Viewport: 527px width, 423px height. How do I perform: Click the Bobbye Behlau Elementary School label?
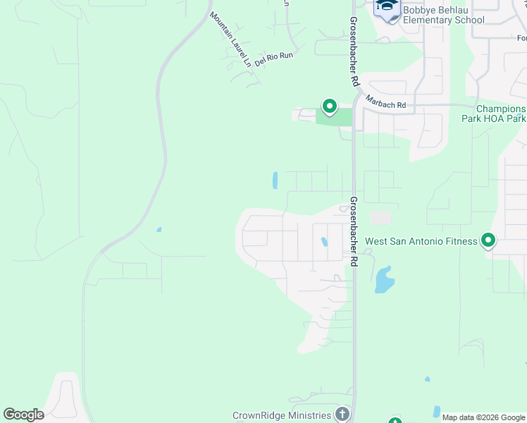(443, 15)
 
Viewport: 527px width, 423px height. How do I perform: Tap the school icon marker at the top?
(386, 7)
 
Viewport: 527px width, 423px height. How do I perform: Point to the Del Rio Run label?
(274, 57)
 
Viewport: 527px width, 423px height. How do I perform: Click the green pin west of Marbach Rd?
(329, 106)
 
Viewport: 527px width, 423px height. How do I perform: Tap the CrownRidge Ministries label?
(282, 415)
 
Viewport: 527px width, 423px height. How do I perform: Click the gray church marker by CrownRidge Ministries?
(342, 414)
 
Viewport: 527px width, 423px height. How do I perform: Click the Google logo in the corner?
(23, 415)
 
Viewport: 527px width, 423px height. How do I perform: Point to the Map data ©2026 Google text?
(484, 417)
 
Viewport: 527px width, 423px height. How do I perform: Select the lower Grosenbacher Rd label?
(353, 231)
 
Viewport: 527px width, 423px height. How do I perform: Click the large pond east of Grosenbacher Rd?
(385, 280)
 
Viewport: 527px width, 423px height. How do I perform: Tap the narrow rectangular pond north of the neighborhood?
(275, 180)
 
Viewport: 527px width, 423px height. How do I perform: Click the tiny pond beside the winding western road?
(159, 229)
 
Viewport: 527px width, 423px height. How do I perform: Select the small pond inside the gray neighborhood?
(324, 242)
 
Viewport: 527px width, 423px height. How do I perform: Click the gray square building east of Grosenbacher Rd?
(380, 219)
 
